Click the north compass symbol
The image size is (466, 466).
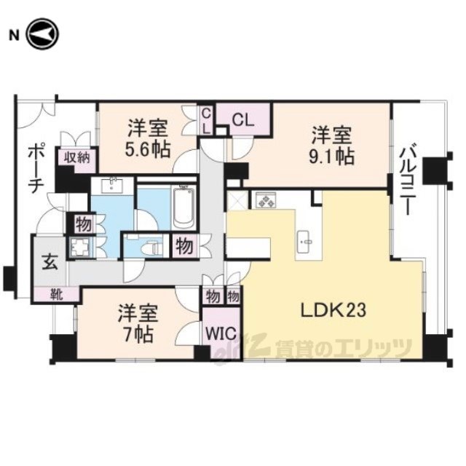43,34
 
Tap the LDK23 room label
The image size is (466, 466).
333,311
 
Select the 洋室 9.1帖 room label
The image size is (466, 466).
332,146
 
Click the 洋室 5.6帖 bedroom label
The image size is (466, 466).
148,138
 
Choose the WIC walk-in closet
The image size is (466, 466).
221,333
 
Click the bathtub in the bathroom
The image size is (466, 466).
184,207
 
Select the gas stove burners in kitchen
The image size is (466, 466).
264,200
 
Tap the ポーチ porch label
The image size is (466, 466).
36,168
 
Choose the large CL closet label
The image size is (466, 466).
243,120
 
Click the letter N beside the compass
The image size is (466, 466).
14,36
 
